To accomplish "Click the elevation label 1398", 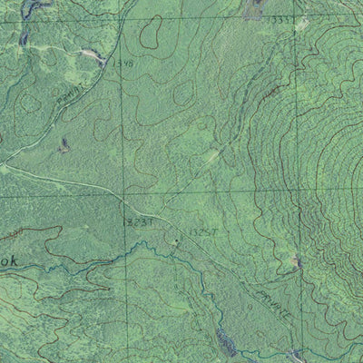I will pos(124,64).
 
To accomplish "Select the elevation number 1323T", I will pos(132,220).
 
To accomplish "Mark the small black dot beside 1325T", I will pos(176,240).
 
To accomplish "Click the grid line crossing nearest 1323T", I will pos(125,193).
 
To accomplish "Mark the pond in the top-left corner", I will pos(32,9).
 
